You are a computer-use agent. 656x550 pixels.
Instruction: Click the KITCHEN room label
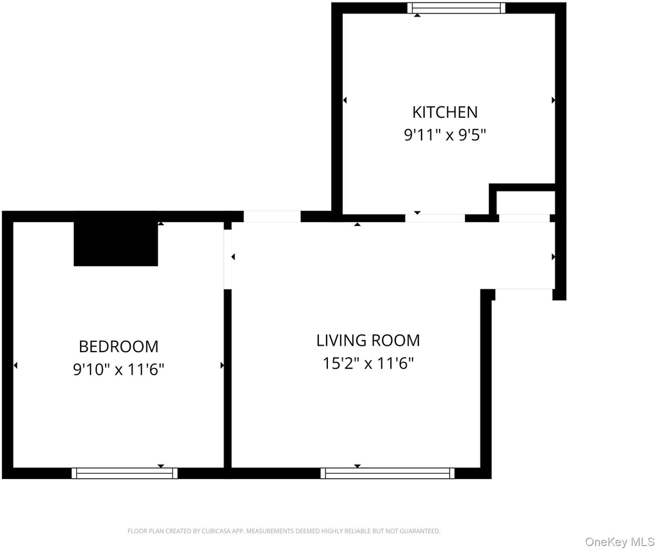[445, 112]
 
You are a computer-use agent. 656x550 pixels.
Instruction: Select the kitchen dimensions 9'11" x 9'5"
[445, 135]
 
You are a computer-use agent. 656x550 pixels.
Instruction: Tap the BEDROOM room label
[119, 346]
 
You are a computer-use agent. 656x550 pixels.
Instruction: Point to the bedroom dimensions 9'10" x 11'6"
[119, 369]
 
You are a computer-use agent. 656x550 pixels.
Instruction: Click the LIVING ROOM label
[368, 341]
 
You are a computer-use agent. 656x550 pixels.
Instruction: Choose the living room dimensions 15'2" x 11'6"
[368, 363]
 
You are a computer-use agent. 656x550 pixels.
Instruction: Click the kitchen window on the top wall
[456, 8]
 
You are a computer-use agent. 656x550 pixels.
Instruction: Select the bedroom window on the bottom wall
[125, 473]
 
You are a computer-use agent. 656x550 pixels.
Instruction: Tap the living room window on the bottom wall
[388, 473]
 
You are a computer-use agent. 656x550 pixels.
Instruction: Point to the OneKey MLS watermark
[619, 542]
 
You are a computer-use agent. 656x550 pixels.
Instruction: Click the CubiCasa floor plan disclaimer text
[284, 531]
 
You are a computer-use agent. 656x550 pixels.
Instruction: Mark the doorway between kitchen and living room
[435, 218]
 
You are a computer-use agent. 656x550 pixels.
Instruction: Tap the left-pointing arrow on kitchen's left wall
[345, 100]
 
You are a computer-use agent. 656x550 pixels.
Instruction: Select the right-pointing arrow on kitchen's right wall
[553, 100]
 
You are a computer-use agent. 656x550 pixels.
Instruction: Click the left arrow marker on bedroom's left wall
[15, 366]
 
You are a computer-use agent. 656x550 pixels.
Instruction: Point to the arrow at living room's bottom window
[357, 466]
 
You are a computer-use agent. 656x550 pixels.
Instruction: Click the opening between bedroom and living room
[227, 255]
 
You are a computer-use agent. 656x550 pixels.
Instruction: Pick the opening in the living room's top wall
[272, 216]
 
